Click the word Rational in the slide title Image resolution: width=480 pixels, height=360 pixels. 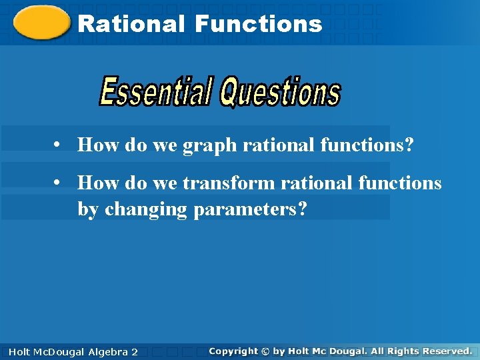131,25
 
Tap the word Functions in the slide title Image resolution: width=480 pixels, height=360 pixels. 259,25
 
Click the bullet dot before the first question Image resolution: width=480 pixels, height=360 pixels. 59,144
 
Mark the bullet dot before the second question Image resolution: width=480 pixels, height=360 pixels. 59,182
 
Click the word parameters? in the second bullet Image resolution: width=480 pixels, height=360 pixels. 251,209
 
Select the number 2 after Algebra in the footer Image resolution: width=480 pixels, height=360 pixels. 134,351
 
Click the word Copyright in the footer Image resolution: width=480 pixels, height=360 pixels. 233,351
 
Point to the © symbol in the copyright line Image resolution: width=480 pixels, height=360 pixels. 266,351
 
